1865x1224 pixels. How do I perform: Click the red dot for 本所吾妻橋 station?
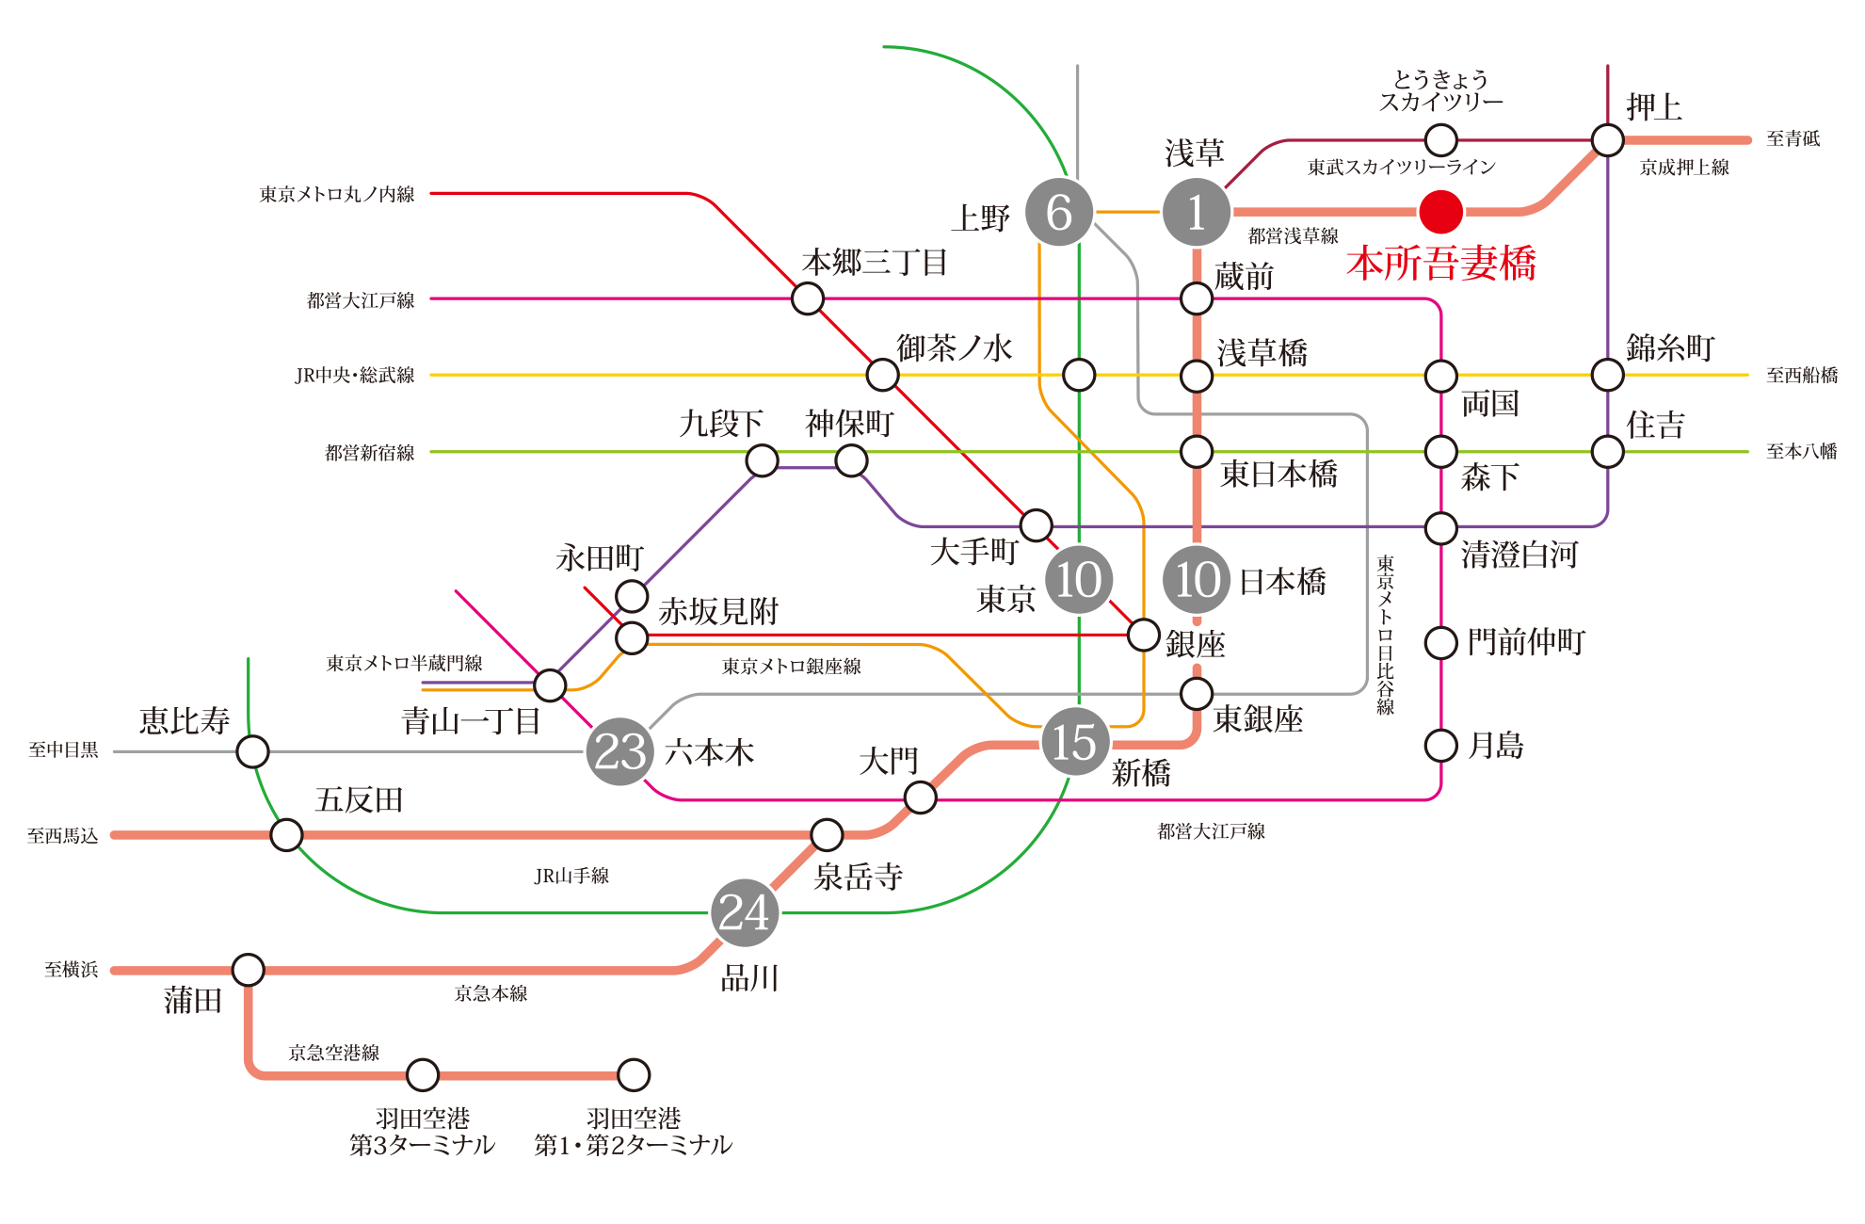pos(1440,212)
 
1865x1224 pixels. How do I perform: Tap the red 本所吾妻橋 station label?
pos(1440,264)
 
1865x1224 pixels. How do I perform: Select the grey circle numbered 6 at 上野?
pos(1059,213)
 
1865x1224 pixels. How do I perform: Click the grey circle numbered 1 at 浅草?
pos(1196,213)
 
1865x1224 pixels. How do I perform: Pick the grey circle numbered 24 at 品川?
pos(745,912)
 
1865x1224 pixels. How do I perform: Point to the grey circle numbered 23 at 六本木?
pos(619,751)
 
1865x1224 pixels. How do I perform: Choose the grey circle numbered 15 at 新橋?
pos(1075,742)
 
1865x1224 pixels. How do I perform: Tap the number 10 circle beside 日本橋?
pos(1197,579)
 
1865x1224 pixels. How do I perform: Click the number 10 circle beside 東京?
pos(1079,579)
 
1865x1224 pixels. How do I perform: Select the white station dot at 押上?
pos(1607,140)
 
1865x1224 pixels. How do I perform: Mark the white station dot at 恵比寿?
pos(252,751)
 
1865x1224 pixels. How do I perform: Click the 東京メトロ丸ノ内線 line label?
pos(337,195)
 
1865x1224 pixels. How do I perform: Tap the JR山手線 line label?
pos(571,877)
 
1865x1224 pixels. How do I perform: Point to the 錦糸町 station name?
pos(1669,348)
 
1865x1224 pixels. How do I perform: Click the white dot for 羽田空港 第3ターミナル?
pos(423,1074)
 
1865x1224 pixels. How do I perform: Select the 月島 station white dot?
pos(1441,746)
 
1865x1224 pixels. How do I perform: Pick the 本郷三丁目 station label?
pos(875,263)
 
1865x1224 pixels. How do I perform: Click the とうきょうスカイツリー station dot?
pos(1441,140)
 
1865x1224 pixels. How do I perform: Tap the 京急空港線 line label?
pos(333,1053)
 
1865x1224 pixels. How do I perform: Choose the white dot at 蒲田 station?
pos(249,969)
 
